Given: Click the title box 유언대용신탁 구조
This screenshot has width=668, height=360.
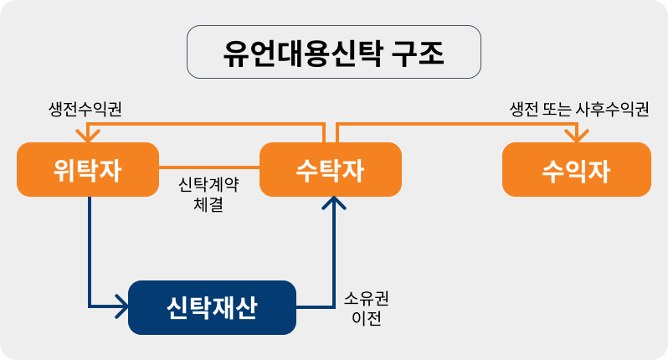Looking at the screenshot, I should coord(333,52).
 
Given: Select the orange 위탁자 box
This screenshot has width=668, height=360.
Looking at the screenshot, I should coord(88,169).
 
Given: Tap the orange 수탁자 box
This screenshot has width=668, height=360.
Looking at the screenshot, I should coord(331,169).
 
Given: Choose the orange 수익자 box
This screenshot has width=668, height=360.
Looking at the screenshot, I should coord(576,169).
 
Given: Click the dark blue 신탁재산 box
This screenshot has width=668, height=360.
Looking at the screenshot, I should coord(212,307).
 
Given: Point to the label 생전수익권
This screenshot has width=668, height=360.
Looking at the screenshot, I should coord(86,110).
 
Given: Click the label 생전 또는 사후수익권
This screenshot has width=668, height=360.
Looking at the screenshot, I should coord(579,110).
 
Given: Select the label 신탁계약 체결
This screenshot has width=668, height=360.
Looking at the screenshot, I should coord(208,192).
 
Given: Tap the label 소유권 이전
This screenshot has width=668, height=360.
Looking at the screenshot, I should coord(367,307).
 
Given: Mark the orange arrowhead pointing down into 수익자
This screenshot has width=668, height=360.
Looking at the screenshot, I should coord(576,136).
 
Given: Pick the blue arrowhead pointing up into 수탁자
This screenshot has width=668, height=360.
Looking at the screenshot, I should coord(335,203).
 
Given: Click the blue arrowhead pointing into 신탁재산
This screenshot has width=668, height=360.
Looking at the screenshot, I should coord(120,307).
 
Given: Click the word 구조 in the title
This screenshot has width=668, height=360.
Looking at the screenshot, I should coord(417,52).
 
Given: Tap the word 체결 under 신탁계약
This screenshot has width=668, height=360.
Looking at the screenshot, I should coord(208,202).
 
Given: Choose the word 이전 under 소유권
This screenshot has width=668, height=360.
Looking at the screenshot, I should coord(367,318).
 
